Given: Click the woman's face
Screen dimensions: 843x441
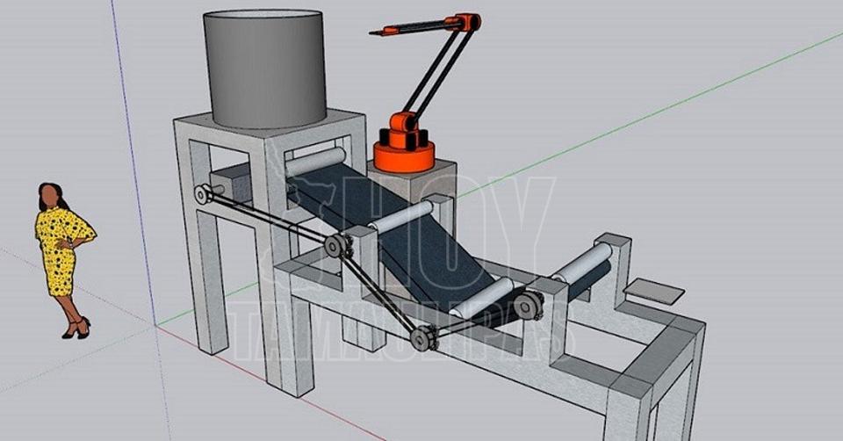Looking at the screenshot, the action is (48, 196).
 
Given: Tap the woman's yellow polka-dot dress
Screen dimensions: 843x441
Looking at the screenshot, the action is (61, 248).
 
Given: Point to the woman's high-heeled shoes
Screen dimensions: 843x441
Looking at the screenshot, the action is (76, 328).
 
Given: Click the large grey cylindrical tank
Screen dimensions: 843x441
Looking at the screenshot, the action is (265, 68).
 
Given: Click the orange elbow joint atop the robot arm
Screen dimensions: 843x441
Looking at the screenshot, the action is (469, 22).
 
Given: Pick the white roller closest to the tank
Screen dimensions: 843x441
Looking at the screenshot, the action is (315, 161).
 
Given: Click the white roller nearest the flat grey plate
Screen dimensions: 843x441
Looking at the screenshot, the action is (583, 262).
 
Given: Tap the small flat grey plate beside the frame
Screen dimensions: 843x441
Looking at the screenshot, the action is (653, 292).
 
